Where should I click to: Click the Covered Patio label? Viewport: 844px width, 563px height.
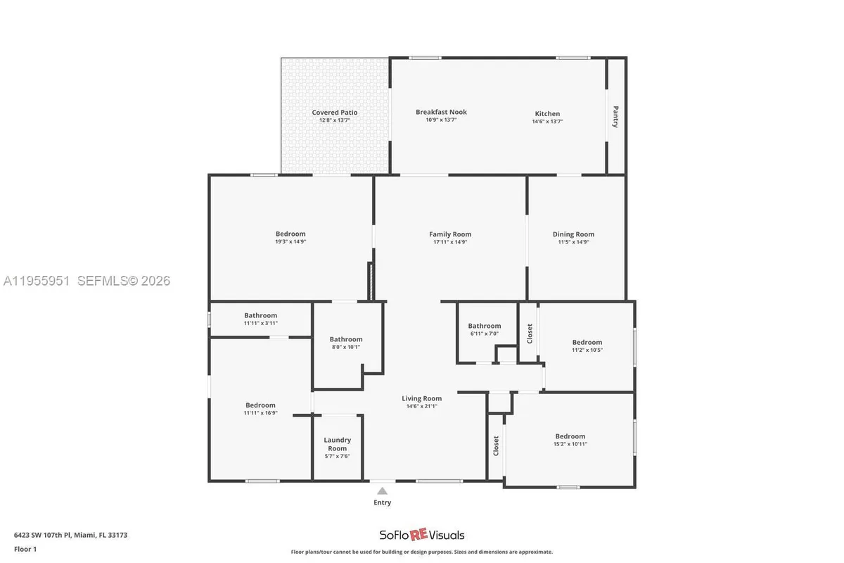(x=335, y=113)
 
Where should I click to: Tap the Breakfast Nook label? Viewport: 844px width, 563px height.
(x=441, y=112)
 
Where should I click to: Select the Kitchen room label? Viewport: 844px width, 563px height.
(x=547, y=113)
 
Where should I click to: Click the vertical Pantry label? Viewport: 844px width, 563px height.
(x=615, y=116)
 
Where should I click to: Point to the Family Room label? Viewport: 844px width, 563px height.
(x=450, y=234)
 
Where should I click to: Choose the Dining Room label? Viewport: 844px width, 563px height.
(x=573, y=234)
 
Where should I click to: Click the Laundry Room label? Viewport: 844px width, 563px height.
(x=337, y=444)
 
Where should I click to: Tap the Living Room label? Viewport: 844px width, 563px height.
(x=421, y=398)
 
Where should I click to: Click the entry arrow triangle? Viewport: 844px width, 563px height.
(x=382, y=491)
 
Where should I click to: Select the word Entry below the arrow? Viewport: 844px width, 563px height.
(x=382, y=502)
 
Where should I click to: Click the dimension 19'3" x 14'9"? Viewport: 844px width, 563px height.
(x=290, y=241)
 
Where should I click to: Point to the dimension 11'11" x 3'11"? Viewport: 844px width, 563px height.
(x=260, y=323)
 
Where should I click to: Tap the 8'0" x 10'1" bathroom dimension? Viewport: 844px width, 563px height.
(x=345, y=346)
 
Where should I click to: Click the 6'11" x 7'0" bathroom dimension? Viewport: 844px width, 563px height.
(x=485, y=334)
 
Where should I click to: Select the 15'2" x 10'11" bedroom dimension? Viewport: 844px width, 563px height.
(x=570, y=444)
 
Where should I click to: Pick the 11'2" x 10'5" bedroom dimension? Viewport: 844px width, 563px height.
(x=587, y=350)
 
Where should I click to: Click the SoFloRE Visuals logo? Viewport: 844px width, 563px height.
(x=422, y=535)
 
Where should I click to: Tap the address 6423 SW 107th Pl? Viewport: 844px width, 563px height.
(x=49, y=535)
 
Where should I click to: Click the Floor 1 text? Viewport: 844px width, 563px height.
(x=25, y=548)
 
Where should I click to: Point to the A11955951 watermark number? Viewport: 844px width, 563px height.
(x=37, y=281)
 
